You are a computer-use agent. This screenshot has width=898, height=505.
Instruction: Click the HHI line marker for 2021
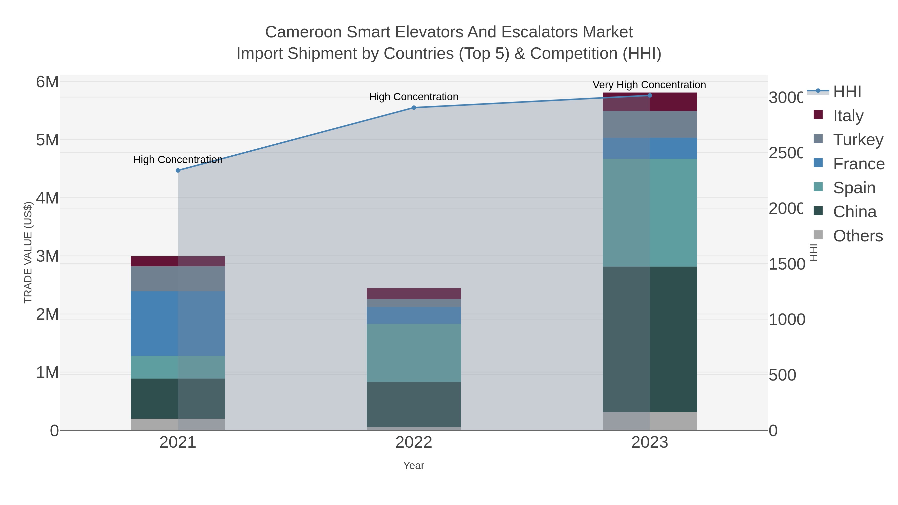click(178, 170)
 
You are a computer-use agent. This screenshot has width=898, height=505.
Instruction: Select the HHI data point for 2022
click(414, 108)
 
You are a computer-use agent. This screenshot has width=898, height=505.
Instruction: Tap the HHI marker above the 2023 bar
click(650, 96)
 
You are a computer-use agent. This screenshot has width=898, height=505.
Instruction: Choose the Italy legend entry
click(848, 115)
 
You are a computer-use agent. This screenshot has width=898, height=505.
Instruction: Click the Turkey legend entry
click(858, 139)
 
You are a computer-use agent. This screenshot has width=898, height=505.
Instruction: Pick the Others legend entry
click(858, 236)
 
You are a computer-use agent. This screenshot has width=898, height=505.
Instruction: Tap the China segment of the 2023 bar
click(650, 339)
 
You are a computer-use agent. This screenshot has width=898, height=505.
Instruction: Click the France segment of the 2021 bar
click(178, 323)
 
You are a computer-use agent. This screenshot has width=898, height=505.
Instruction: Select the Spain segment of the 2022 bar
click(414, 353)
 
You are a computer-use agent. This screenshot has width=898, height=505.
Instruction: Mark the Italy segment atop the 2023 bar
click(650, 102)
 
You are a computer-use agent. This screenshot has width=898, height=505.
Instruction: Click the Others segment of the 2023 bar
click(650, 421)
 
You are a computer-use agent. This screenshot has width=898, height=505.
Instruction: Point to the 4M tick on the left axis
click(47, 198)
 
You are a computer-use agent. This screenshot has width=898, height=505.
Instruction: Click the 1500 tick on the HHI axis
click(786, 264)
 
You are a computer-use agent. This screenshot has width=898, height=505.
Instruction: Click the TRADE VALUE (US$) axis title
click(28, 252)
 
